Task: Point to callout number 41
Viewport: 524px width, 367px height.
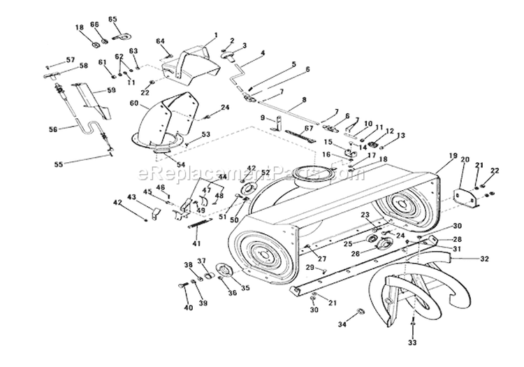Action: [x=197, y=243]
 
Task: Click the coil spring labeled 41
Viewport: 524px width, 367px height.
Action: [x=199, y=224]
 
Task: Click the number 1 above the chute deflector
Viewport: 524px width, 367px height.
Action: [x=215, y=35]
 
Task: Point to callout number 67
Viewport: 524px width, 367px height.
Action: [x=308, y=127]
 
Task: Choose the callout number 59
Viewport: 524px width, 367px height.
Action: [x=110, y=90]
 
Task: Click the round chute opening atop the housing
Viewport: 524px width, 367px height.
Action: [x=307, y=171]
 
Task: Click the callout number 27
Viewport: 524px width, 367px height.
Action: [x=323, y=259]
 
